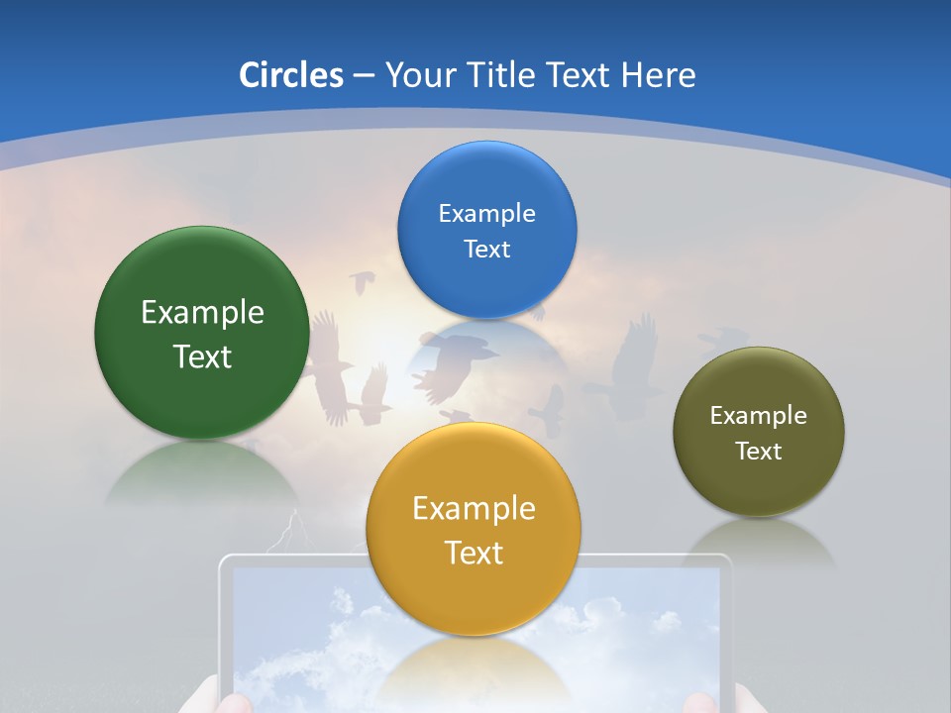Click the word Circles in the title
[290, 75]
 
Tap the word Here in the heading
[659, 75]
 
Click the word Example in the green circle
[202, 313]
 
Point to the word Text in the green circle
[202, 356]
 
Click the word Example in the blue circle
[486, 214]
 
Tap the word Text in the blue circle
[486, 250]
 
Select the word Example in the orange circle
[474, 509]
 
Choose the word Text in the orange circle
[474, 553]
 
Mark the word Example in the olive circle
[758, 416]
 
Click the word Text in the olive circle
[758, 452]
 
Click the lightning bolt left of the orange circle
[288, 532]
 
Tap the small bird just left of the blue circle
[363, 283]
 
